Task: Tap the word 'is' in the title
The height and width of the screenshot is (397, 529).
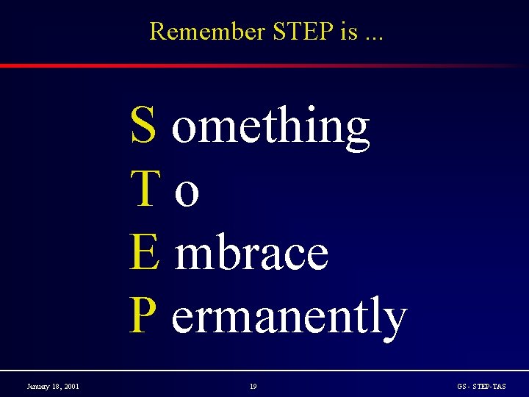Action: [348, 32]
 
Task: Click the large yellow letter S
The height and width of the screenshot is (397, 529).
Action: [143, 125]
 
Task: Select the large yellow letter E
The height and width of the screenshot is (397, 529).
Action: [144, 251]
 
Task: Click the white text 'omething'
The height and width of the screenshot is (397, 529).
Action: [270, 126]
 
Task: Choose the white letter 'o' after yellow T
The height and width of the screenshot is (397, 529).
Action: [188, 193]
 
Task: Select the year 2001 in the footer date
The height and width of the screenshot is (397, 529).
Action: [71, 386]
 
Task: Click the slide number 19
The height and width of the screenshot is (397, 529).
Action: [253, 386]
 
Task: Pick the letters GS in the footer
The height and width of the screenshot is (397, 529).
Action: [461, 386]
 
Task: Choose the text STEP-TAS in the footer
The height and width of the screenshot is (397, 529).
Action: [489, 386]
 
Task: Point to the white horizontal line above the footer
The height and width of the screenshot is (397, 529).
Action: [264, 370]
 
